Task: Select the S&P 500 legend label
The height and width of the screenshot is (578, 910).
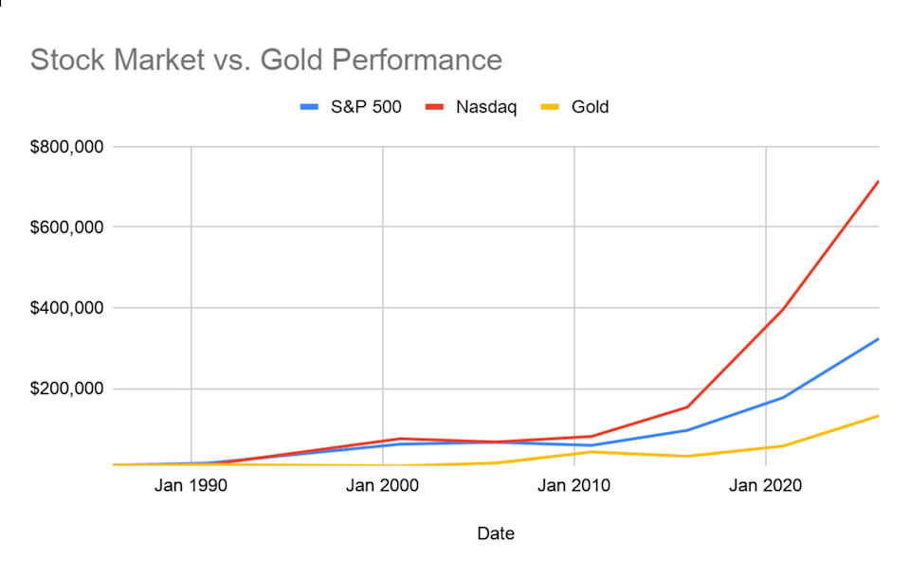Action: click(366, 107)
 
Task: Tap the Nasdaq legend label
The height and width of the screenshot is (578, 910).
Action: click(486, 107)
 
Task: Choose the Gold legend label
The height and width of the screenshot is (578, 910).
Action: click(590, 107)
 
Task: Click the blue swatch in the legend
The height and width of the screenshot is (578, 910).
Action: click(310, 107)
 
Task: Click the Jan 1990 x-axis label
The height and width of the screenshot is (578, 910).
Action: click(191, 486)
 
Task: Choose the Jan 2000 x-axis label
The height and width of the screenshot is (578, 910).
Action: click(383, 486)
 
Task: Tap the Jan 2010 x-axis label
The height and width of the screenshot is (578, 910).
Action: click(574, 486)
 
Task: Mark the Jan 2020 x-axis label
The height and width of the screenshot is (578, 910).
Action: click(765, 486)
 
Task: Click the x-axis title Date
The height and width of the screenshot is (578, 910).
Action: click(496, 534)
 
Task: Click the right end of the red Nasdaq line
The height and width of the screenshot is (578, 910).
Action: click(878, 181)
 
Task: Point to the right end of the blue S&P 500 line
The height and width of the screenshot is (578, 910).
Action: click(878, 339)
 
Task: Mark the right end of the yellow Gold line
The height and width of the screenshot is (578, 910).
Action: click(878, 416)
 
